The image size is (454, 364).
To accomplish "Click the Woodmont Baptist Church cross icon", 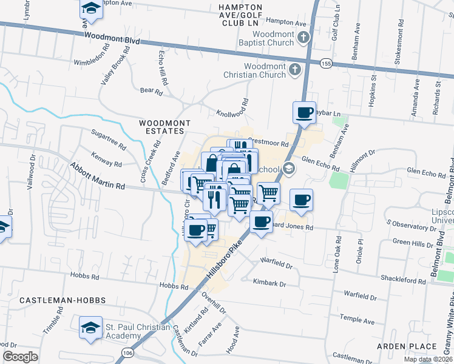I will pos(304,38).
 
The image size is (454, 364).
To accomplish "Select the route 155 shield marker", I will pos(326,62).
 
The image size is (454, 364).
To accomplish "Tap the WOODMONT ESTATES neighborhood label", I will pos(161,127).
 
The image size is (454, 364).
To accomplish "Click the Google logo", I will pos(20,357).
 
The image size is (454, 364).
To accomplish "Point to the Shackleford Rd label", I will pos(403,280).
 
